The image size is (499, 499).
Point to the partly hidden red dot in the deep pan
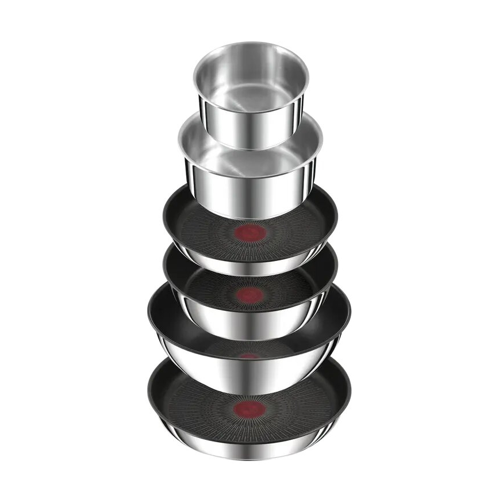tap(249, 356)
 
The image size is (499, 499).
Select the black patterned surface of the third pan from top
tap(207, 230)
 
